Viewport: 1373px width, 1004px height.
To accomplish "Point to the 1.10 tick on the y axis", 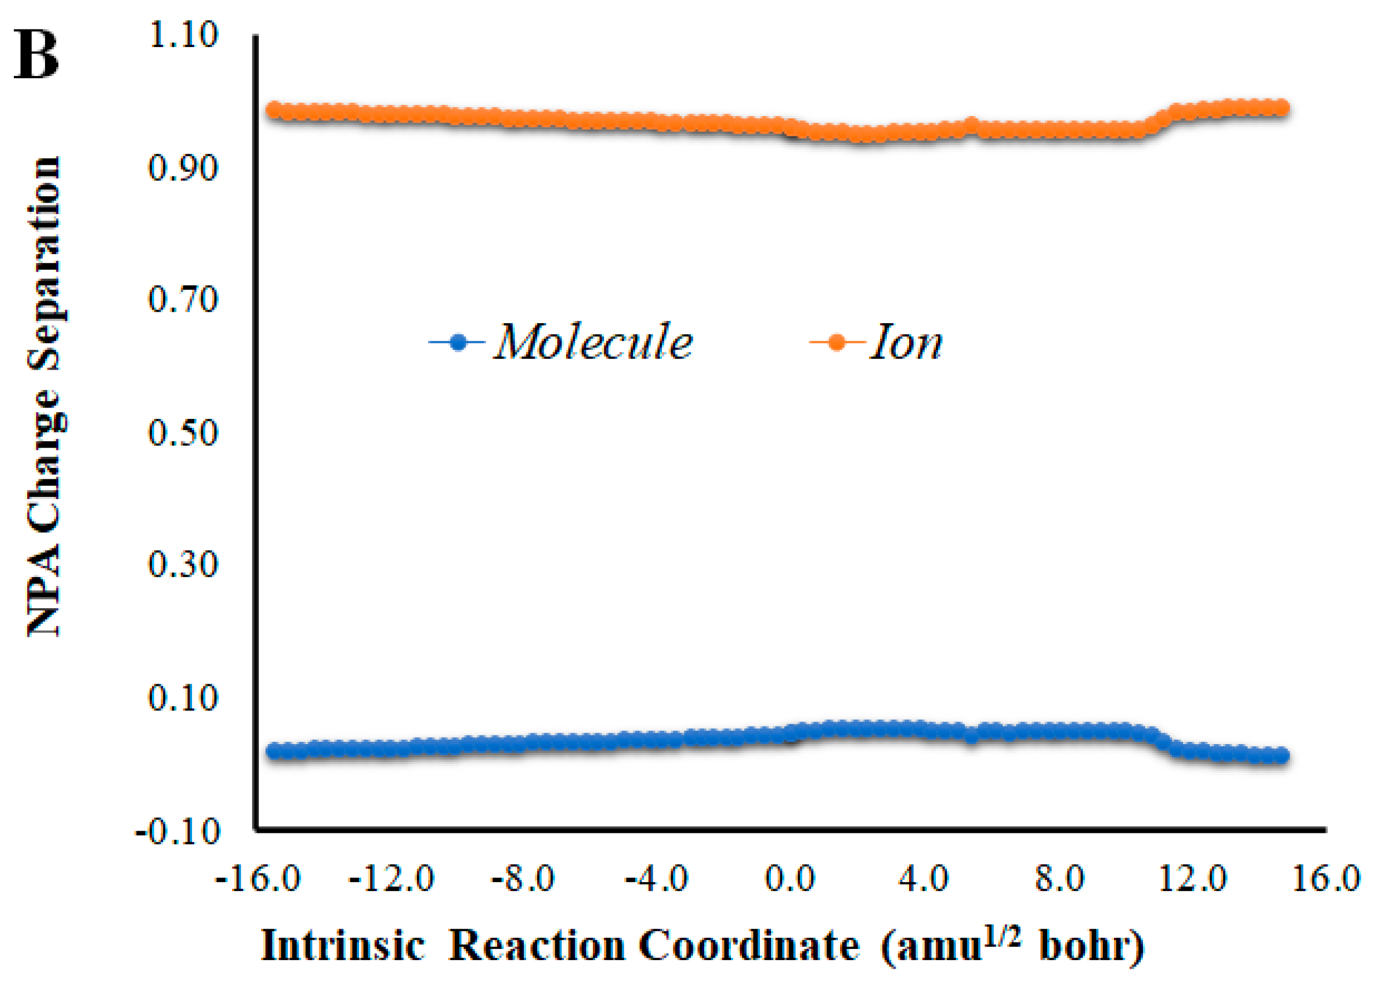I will coord(183,35).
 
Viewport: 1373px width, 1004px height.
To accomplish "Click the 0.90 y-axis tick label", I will coord(183,168).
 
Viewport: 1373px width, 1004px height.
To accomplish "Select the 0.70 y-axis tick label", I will coord(183,300).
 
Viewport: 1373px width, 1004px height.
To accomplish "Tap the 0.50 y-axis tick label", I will coord(183,433).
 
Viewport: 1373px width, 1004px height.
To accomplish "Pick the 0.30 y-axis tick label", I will coord(183,565).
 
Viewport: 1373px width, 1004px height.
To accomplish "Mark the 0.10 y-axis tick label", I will coord(183,698).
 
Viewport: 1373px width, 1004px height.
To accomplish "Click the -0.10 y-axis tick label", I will coord(177,831).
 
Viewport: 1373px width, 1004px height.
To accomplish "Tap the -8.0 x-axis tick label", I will coord(523,879).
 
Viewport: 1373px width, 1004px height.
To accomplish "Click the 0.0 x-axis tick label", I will coord(790,879).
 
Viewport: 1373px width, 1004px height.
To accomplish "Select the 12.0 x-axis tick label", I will coord(1193,879).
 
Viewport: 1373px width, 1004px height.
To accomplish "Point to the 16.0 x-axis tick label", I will coord(1325,879).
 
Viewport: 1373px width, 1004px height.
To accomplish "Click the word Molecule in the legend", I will coord(593,342).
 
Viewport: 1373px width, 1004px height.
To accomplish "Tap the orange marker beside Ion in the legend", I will coord(837,342).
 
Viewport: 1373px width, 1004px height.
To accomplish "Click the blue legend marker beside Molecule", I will coord(459,342).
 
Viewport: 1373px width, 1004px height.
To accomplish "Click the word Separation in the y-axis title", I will coord(45,264).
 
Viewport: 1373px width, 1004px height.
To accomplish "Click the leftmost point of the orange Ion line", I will coord(274,111).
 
